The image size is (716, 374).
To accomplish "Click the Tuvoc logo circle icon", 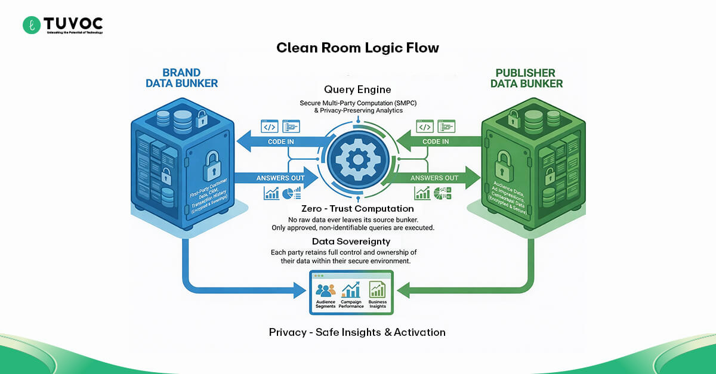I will coord(31,25).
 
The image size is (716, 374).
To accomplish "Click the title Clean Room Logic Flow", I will coord(357,48).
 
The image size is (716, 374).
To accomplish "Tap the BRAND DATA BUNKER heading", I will coord(181,78).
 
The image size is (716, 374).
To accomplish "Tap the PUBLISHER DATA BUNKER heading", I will coord(526,78).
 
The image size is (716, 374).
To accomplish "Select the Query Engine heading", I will coord(357,89).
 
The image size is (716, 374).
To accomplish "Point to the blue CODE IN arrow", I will coord(280,142).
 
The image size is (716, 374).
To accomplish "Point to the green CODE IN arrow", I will coord(436,142).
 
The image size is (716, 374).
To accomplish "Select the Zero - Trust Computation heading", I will coord(357,209).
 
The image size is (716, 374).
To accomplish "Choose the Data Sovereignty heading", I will coord(351,242).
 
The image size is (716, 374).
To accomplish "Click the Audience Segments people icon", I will coord(326,290).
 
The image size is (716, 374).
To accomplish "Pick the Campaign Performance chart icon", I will coord(351,290).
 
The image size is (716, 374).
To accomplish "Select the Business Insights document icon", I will coord(377,290).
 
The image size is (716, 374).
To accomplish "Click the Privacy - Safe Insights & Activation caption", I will coord(357,332).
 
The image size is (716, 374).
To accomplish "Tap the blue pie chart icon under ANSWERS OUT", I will coord(291,193).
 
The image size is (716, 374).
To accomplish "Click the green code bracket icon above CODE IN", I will coord(425,126).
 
